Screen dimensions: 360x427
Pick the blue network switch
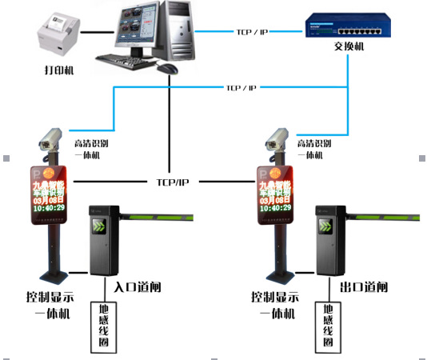[x=345, y=29]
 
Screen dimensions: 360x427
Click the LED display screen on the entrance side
[x=50, y=194]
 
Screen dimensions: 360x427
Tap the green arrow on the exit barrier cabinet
[x=326, y=226]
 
